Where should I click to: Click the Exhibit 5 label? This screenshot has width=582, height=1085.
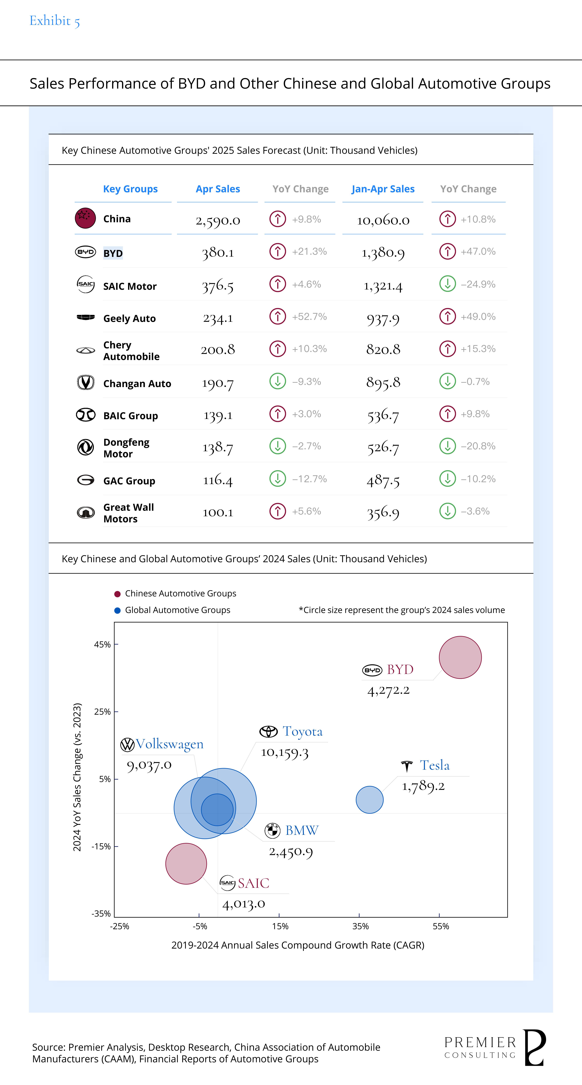point(54,21)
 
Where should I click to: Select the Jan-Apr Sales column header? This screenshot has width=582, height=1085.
point(383,189)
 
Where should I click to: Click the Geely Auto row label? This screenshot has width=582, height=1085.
point(129,318)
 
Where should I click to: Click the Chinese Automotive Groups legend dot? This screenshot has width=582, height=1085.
point(118,594)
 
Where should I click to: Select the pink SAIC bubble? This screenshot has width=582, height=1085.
point(186,863)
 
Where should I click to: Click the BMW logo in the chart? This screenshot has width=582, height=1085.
point(272,830)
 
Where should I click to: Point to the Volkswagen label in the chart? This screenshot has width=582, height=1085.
point(169,744)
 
